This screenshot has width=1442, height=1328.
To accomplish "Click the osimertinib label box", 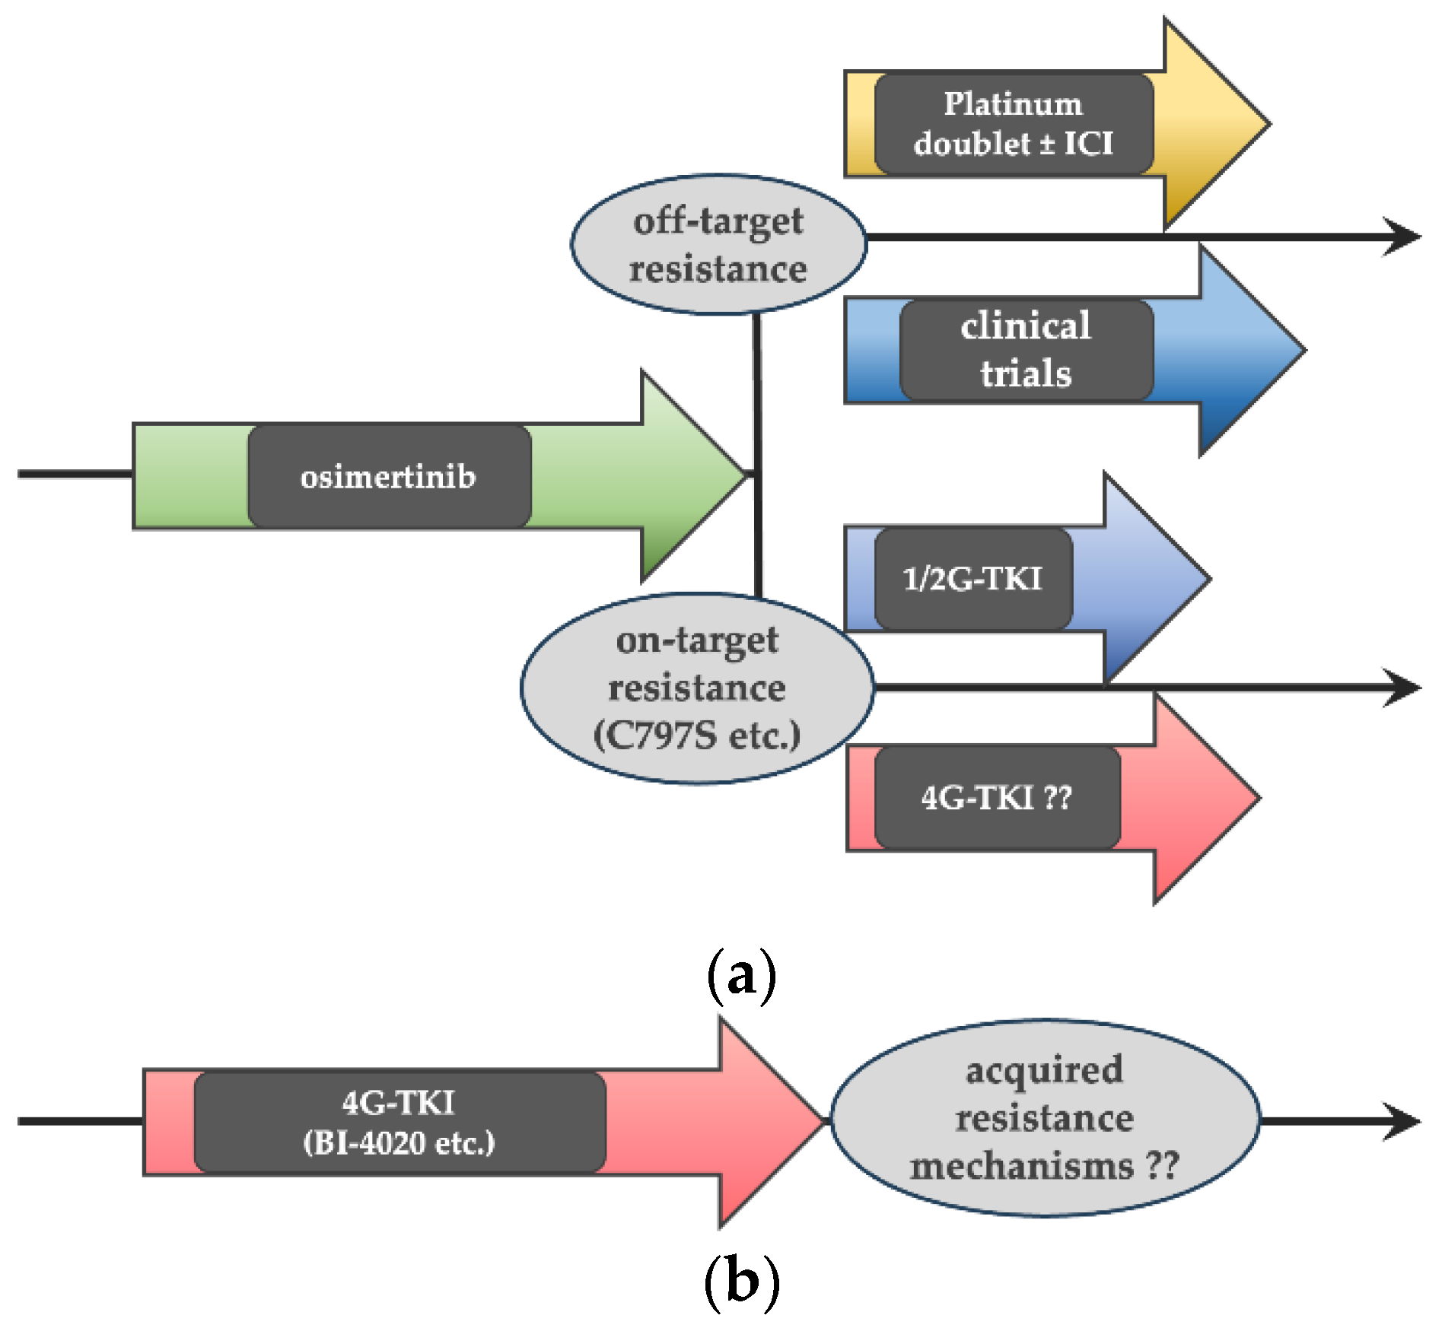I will click(389, 477).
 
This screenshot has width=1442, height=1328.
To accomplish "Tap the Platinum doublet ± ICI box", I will click(1014, 123).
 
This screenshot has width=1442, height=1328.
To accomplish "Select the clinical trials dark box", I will click(1026, 350).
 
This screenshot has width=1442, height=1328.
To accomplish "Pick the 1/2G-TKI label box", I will click(972, 579).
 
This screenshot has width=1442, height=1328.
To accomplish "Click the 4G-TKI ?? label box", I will click(997, 797).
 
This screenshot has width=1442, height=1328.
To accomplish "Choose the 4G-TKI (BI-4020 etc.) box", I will click(399, 1122).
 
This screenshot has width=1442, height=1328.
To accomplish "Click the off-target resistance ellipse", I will click(718, 245).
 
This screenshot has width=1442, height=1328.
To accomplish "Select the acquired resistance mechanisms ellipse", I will click(1044, 1118).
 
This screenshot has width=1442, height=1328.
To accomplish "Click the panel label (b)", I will click(741, 1282).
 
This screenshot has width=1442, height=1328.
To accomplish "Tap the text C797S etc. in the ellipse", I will click(696, 735).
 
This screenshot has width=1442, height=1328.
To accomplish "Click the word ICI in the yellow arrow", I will click(1088, 143).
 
